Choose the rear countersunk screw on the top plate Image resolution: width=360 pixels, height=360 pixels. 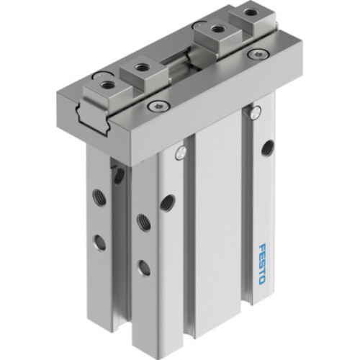pyautogui.click(x=253, y=53)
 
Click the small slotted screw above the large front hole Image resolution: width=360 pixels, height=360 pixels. pyautogui.click(x=179, y=151)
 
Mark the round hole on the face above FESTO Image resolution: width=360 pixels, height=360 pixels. pyautogui.click(x=268, y=148)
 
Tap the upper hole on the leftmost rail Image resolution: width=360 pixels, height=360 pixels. pyautogui.click(x=96, y=194)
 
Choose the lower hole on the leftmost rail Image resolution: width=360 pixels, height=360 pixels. pyautogui.click(x=100, y=241)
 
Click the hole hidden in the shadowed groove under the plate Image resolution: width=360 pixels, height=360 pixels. pyautogui.click(x=119, y=175)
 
